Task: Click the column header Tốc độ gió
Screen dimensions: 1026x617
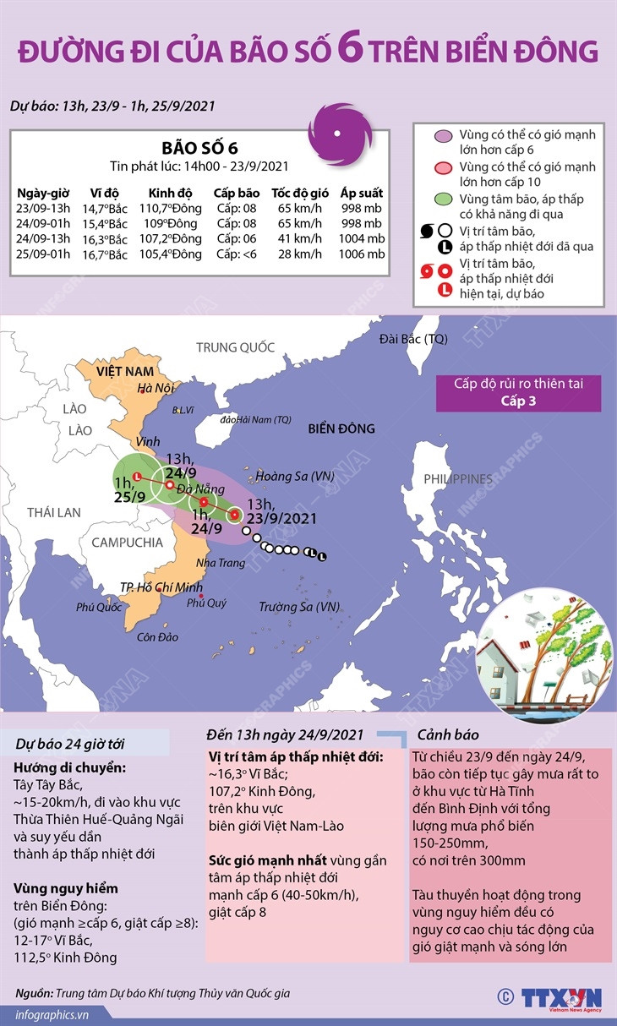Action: point(296,192)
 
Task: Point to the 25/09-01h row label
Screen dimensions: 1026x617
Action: point(43,254)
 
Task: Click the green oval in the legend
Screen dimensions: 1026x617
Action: point(442,200)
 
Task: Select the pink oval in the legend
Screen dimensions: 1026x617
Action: point(442,166)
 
